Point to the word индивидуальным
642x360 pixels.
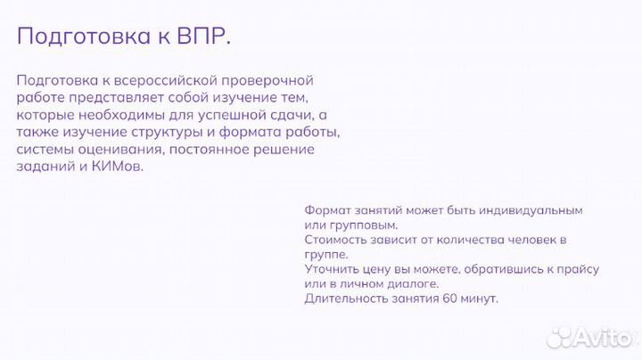pos(532,210)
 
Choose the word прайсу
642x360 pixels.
pos(578,269)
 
